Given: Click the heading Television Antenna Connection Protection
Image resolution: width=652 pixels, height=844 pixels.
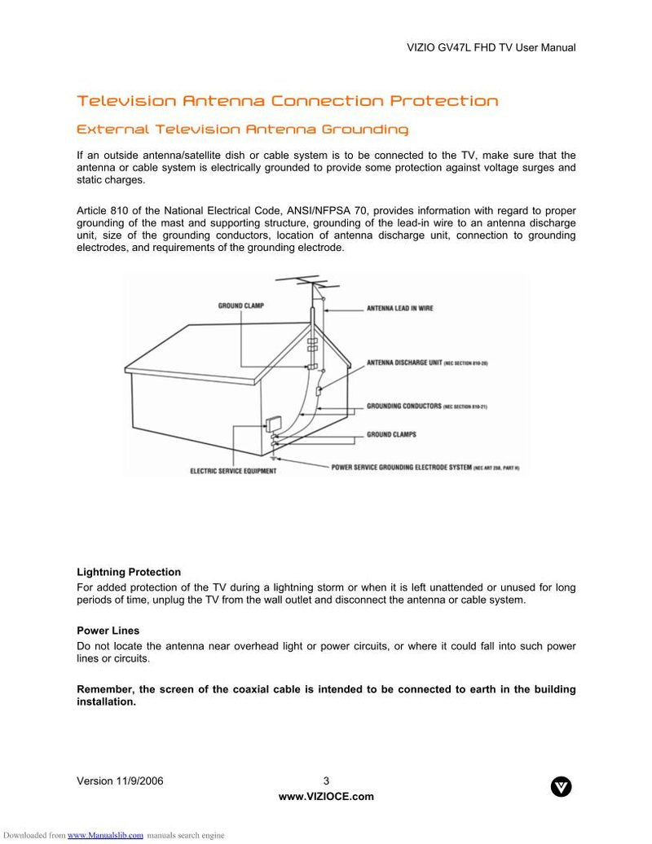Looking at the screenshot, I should point(287,101).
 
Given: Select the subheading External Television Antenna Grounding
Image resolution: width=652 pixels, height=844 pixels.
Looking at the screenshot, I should point(242,130).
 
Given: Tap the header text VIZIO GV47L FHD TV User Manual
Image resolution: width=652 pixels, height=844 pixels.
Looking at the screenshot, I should point(491,47).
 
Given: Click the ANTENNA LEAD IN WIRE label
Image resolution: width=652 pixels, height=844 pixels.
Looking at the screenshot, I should point(399,309).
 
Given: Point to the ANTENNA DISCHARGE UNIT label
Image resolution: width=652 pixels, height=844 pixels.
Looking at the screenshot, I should point(404,362).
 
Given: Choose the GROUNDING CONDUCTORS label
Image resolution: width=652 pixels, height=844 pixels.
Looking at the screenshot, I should point(403,406).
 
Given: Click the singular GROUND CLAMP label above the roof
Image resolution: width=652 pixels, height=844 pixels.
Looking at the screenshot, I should point(240,306).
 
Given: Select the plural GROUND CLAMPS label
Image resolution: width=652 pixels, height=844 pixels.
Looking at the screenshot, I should point(391,434).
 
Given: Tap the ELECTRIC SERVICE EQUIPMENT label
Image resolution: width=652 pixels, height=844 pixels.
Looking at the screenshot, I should point(232,471).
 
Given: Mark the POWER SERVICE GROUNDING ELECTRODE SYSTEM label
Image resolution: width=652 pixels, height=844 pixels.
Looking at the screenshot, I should point(402,468).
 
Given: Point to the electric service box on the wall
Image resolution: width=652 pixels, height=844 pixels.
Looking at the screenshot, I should point(273,424).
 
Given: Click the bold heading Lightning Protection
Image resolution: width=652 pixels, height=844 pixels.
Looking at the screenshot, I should point(129,572).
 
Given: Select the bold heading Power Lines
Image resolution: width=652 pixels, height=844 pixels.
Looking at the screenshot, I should point(108,631).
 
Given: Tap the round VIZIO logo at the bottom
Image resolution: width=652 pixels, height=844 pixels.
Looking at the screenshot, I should point(562,786).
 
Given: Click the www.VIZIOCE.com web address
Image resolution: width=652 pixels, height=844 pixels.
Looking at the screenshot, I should point(326,797).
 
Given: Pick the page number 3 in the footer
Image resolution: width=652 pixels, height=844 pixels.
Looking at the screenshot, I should point(326,780).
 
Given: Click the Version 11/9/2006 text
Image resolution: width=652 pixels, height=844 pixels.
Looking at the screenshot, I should point(120,780).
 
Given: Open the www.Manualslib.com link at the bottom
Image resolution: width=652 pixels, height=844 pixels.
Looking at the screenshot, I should point(105,835).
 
